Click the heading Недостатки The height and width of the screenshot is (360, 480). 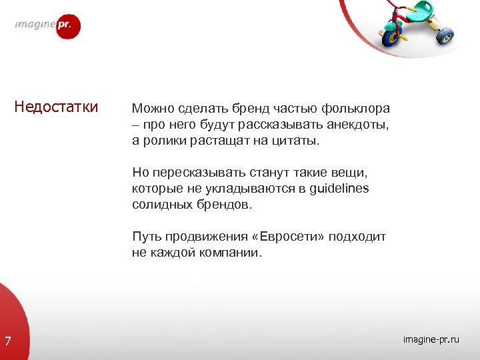point(57,107)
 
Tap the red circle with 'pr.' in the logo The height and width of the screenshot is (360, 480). point(67,27)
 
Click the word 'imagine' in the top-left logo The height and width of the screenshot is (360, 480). point(35,26)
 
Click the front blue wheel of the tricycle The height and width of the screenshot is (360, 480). point(391,37)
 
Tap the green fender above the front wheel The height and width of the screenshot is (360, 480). point(389,26)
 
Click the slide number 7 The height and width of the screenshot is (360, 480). point(7,342)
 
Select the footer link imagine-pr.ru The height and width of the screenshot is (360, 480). point(431,340)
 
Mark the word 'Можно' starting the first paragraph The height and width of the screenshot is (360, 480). point(149,108)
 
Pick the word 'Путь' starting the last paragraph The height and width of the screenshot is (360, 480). point(145,237)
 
